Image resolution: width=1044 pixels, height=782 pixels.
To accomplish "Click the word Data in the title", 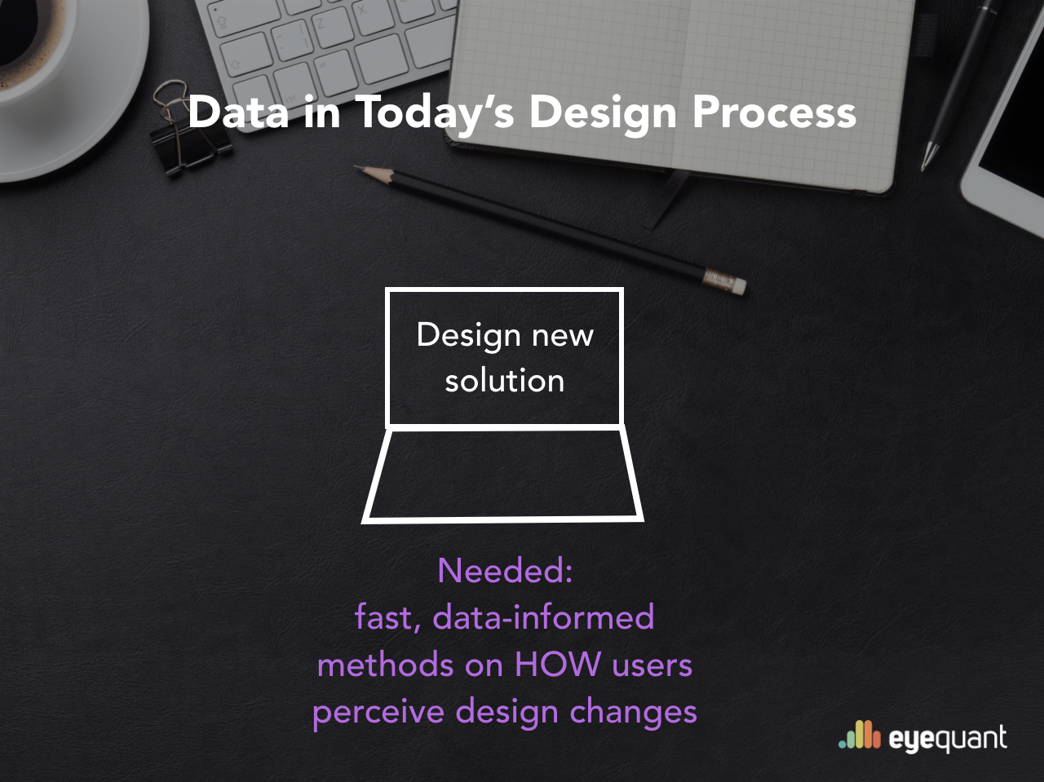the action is point(239,112).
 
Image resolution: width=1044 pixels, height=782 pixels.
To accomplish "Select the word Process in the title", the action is point(774,113).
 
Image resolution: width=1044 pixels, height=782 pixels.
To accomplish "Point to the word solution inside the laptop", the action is point(505,380).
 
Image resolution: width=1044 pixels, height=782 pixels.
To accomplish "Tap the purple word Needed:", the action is point(505,571).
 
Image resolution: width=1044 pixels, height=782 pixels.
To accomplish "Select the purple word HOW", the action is point(557,664).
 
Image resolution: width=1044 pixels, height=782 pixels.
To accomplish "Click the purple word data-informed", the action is point(543,616).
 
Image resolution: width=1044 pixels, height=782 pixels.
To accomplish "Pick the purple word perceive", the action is point(378,713).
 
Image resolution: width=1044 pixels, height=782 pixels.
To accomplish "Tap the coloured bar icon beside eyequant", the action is point(860,735).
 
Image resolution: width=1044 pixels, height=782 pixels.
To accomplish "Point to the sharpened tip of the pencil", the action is point(356,167).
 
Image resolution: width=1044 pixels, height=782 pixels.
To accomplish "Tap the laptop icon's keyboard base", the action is point(502,475).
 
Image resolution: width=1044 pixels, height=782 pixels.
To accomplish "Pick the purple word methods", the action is point(385,664).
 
